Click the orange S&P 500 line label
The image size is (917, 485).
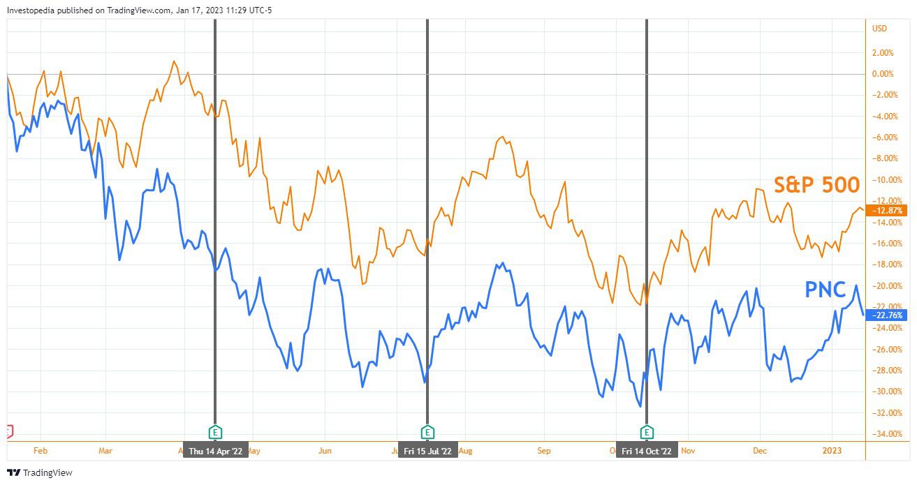pyautogui.click(x=816, y=184)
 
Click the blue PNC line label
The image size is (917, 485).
pyautogui.click(x=826, y=290)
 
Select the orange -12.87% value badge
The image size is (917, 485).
pyautogui.click(x=884, y=210)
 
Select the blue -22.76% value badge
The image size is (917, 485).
pyautogui.click(x=884, y=315)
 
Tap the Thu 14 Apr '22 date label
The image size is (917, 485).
pyautogui.click(x=215, y=451)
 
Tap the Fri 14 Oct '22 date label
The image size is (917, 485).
pyautogui.click(x=646, y=451)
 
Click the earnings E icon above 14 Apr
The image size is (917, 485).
pyautogui.click(x=215, y=432)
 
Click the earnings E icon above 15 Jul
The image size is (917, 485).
pyautogui.click(x=427, y=432)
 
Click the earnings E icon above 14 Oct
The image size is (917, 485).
pyautogui.click(x=647, y=432)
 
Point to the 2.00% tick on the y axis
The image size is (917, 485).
pyautogui.click(x=883, y=52)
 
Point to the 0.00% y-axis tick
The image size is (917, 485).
pyautogui.click(x=883, y=74)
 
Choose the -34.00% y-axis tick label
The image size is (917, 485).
pyautogui.click(x=883, y=434)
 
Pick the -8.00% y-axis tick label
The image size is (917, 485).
pyautogui.click(x=883, y=158)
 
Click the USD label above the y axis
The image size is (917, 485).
pyautogui.click(x=880, y=29)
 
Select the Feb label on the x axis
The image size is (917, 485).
pyautogui.click(x=40, y=451)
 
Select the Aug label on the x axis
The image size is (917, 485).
pyautogui.click(x=465, y=451)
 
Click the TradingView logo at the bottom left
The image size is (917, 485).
pyautogui.click(x=40, y=473)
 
